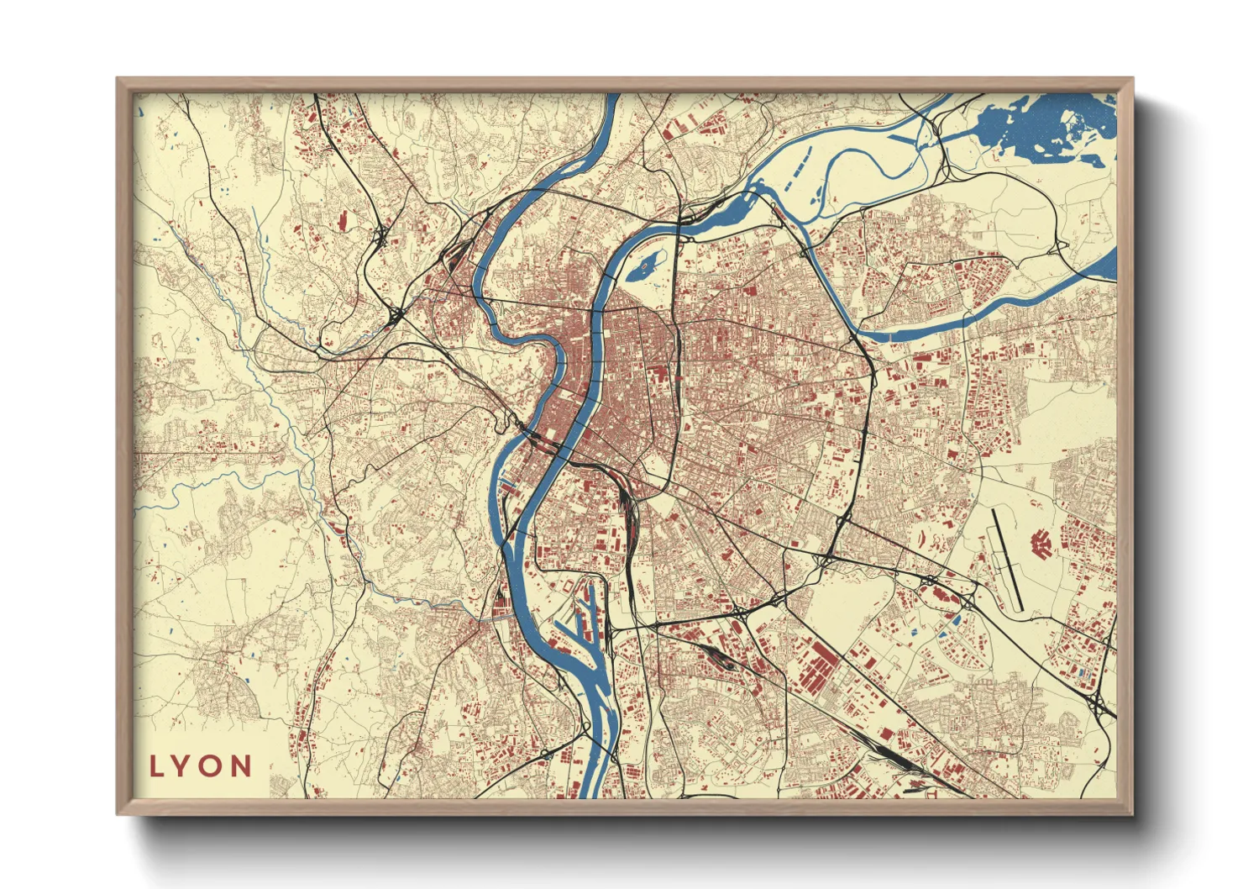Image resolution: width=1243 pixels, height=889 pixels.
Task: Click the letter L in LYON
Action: [157, 766]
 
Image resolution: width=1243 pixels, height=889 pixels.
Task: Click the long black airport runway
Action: [1006, 559]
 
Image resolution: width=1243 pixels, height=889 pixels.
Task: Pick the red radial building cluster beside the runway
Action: [1042, 544]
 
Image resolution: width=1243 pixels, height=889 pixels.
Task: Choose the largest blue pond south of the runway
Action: [953, 620]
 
